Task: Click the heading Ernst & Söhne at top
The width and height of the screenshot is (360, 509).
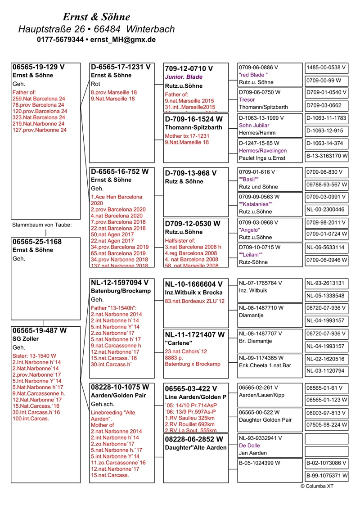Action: pos(96,17)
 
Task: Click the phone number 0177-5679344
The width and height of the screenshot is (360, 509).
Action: pos(60,40)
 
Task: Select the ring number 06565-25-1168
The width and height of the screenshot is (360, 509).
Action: pos(37,242)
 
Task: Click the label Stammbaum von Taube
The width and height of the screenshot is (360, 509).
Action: pos(41,225)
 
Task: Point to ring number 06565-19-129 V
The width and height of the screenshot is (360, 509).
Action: pos(38,67)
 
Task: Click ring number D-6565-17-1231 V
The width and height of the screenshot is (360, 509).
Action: pos(120,67)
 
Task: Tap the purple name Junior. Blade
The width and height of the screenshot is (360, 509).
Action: pos(184,77)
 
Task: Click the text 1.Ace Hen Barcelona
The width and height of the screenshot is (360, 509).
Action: pos(117,197)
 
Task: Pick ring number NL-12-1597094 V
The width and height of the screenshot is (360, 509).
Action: pos(119,283)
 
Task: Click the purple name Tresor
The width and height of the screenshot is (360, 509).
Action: pos(247,100)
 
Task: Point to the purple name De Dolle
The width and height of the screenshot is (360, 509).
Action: pos(250,445)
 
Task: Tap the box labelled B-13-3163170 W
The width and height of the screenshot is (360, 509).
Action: pos(327,156)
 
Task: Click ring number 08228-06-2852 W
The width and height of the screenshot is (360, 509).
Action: pos(194,439)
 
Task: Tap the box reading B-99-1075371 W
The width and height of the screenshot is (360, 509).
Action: pos(327,476)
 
